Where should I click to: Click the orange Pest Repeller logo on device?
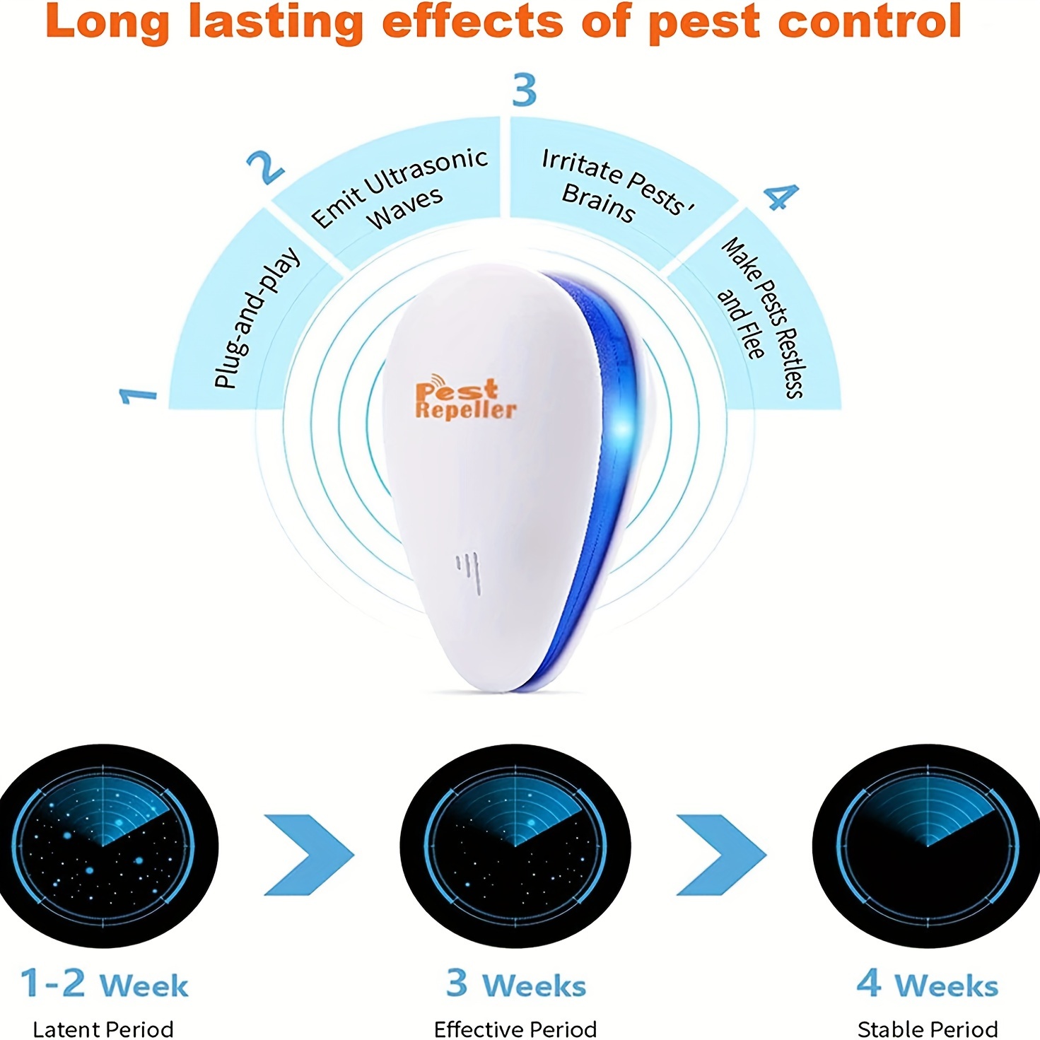pyautogui.click(x=465, y=400)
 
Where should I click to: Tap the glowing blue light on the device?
pyautogui.click(x=622, y=428)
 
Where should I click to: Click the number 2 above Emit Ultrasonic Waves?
pyautogui.click(x=265, y=168)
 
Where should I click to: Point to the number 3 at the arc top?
pyautogui.click(x=525, y=90)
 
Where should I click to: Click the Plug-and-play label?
pyautogui.click(x=257, y=318)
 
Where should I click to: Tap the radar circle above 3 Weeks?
pyautogui.click(x=515, y=846)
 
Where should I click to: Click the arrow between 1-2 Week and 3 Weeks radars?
pyautogui.click(x=309, y=854)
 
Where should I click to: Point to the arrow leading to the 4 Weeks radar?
pyautogui.click(x=721, y=854)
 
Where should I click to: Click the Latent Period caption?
pyautogui.click(x=103, y=1029)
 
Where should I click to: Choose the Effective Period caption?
pyautogui.click(x=515, y=1029)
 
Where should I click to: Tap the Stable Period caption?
pyautogui.click(x=928, y=1029)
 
